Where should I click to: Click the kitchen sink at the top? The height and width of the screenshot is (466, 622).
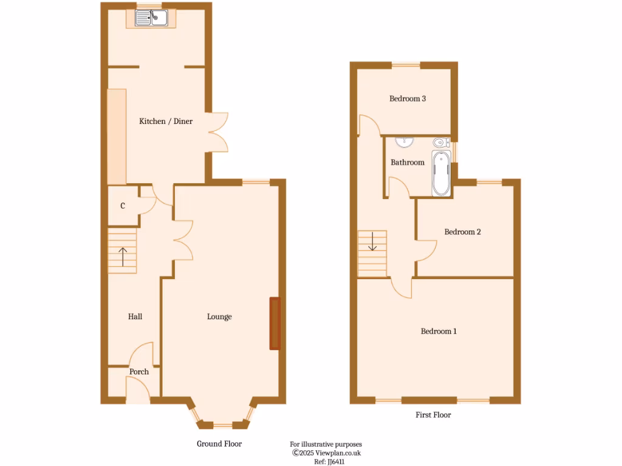pos(151,19)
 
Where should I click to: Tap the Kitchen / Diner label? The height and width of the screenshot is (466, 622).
pos(166,121)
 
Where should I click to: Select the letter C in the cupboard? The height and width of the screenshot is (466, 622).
pos(123,206)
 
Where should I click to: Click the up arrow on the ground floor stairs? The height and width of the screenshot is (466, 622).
pos(122,257)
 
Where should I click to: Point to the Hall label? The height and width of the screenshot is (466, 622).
pos(135,317)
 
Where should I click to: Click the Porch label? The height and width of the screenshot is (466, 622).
pos(139,372)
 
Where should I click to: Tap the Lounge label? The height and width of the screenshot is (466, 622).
pos(219,317)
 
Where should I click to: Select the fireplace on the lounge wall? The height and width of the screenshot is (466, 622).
pos(275,323)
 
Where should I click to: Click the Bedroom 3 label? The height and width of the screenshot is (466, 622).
pos(408,98)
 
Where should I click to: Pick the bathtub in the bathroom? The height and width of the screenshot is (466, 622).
pos(442,174)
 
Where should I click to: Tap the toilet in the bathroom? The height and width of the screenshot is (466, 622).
pos(441,143)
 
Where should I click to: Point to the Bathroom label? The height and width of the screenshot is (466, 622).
pos(408,163)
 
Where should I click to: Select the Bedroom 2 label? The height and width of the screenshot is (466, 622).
pos(463,232)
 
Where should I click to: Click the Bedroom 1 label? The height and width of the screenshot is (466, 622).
pos(439,331)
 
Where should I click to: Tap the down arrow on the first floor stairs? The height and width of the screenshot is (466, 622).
pos(372,243)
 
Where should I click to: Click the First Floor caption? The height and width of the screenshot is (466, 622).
pos(433,415)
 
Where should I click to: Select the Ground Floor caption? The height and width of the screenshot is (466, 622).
pos(219,444)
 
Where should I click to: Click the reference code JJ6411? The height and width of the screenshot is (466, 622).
pos(330,461)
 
